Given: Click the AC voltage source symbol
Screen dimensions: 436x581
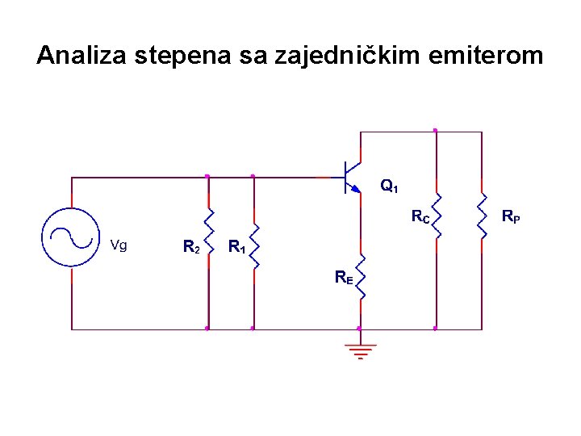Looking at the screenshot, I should [x=71, y=236].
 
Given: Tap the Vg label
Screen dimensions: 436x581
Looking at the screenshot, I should [x=118, y=245].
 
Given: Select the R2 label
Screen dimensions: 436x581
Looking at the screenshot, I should [x=191, y=246].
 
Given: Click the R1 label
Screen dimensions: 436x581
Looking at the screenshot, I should [x=236, y=246].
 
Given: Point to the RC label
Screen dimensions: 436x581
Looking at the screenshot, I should [x=420, y=216].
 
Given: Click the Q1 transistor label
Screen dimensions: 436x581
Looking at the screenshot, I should [x=389, y=187].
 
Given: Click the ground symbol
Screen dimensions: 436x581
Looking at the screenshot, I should [x=360, y=350].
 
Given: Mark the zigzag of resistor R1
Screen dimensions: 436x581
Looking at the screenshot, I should [x=254, y=245].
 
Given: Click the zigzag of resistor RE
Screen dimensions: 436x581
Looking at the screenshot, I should [x=360, y=275].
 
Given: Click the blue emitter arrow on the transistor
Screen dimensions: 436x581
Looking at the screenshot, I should [x=356, y=189].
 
